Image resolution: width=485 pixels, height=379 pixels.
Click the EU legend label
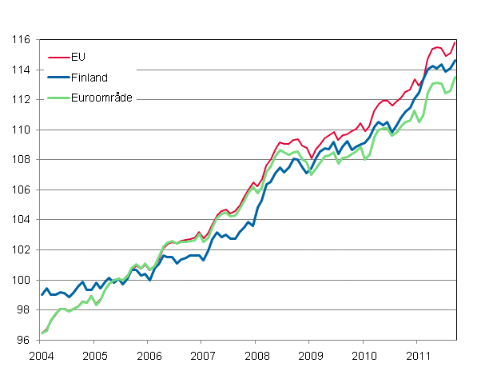tap(78, 57)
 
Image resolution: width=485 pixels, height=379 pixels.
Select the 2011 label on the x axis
tap(417, 354)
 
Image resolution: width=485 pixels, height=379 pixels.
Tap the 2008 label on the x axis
tap(256, 354)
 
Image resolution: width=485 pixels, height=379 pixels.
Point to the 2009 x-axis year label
tap(310, 354)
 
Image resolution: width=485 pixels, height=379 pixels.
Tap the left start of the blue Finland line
tap(42, 295)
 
